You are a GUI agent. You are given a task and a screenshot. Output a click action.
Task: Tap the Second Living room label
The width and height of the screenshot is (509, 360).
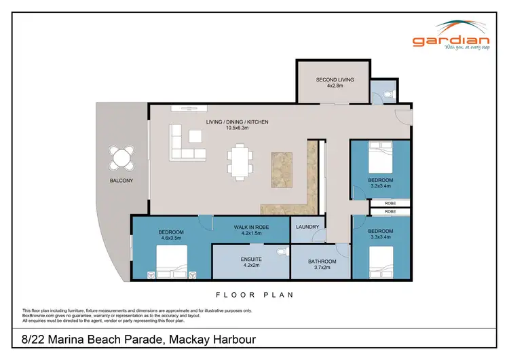[333, 80]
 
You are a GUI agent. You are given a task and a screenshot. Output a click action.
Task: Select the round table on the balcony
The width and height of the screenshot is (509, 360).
[122, 158]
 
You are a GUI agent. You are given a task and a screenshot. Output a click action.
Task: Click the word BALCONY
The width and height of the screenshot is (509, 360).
[121, 181]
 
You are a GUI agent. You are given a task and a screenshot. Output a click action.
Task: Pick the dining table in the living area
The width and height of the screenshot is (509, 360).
[239, 162]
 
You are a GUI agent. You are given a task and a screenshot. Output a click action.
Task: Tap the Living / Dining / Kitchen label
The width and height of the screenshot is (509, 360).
[238, 122]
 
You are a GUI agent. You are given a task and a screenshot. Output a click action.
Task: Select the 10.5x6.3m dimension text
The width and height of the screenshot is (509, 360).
[238, 129]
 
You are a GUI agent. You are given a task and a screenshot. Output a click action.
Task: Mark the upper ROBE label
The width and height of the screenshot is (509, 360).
[390, 203]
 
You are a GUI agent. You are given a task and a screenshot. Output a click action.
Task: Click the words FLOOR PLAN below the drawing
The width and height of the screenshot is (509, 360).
[254, 295]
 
